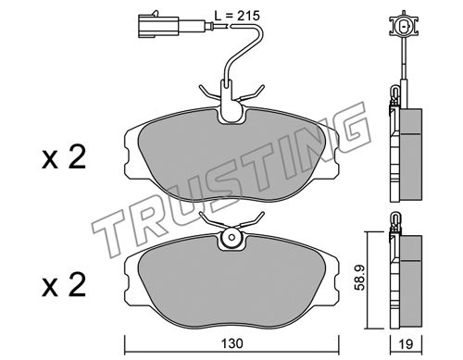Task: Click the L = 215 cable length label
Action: click(x=237, y=16)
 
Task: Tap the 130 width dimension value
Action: click(x=232, y=343)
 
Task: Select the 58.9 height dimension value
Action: click(x=360, y=277)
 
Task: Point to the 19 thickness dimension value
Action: click(x=406, y=343)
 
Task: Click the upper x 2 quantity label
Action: click(x=64, y=157)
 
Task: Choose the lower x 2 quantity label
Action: click(x=64, y=285)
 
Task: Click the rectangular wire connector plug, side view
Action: click(x=158, y=27)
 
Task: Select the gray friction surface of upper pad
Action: click(x=231, y=155)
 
